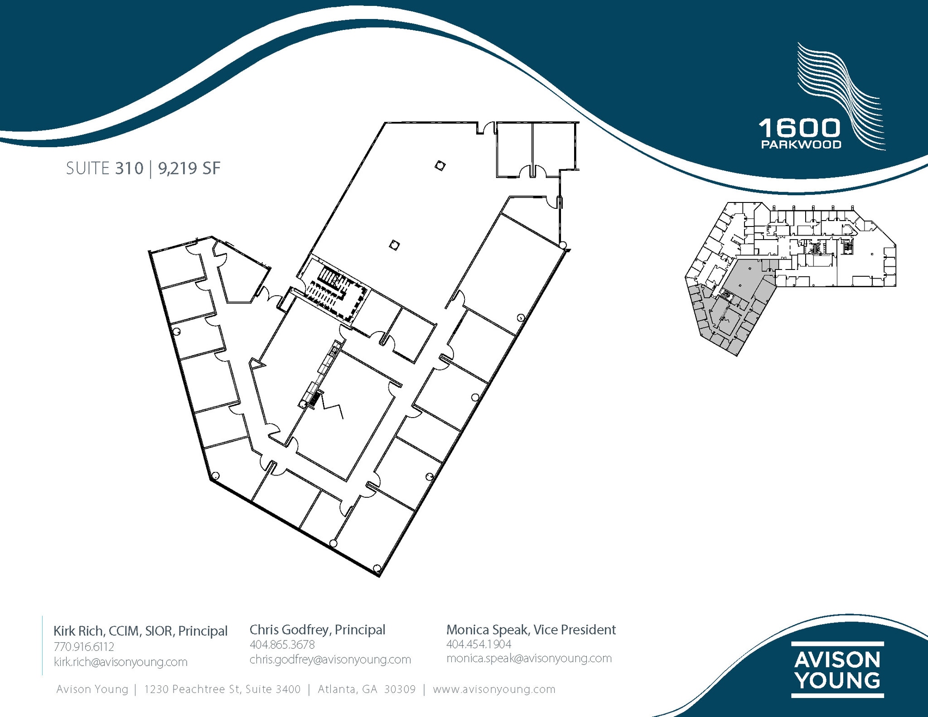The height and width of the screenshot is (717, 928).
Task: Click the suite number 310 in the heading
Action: coord(129,168)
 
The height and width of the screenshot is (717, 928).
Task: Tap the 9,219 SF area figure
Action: coord(189,168)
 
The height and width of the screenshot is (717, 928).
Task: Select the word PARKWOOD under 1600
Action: coord(801,144)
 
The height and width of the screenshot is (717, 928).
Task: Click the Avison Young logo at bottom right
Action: coord(837,669)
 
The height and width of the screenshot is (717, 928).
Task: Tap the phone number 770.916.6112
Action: coord(84,647)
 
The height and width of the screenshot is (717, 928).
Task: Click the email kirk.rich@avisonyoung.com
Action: coord(121,662)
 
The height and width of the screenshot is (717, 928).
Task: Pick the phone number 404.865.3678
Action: coord(282,645)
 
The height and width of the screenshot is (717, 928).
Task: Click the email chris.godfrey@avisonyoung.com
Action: coord(330,659)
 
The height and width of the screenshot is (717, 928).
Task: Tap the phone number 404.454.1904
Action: coord(478,644)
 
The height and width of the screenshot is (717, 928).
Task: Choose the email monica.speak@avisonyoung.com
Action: coord(529,658)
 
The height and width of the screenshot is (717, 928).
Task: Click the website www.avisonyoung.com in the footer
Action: coord(494,689)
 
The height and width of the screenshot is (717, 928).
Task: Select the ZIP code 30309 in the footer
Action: coord(400,689)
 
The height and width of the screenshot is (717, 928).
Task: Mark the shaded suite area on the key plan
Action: coord(743,290)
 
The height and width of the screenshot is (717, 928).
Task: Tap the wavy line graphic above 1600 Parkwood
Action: coord(838,91)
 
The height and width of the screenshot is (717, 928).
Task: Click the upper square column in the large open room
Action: coord(440,166)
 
